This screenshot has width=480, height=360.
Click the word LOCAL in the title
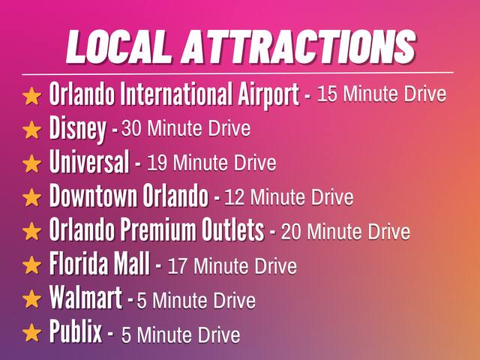[117, 46]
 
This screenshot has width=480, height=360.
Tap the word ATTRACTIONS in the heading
[298, 46]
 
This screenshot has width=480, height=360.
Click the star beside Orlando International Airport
[31, 96]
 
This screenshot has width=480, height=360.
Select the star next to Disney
[31, 130]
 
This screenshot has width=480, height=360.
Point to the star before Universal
[31, 163]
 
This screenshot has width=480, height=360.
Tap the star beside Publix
[31, 333]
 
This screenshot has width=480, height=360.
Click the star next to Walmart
[31, 299]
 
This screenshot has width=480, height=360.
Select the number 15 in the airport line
[327, 94]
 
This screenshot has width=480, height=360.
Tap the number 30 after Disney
[131, 128]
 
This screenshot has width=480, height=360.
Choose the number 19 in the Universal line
[157, 163]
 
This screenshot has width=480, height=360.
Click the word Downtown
[93, 195]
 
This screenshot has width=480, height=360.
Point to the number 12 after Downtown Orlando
[234, 197]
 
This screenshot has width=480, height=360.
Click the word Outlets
[232, 229]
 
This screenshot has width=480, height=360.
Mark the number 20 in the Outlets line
[291, 232]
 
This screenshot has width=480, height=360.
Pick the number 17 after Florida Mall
[177, 265]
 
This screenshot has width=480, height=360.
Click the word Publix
[75, 331]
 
